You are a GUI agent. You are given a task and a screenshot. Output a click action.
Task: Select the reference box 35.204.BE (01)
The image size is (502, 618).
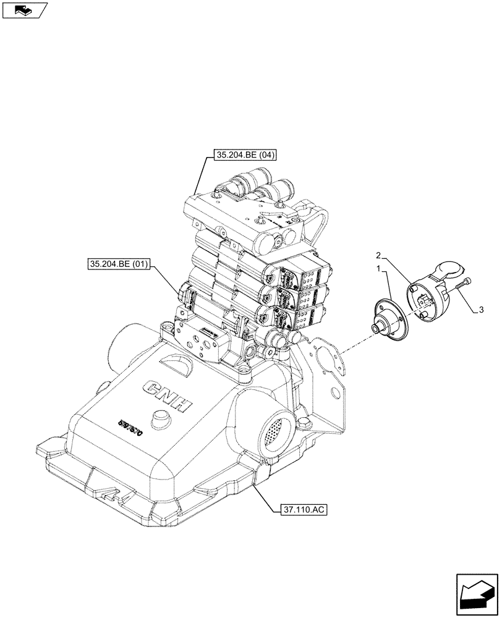point(119,265)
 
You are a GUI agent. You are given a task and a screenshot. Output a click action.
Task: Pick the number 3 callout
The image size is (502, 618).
point(480,311)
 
